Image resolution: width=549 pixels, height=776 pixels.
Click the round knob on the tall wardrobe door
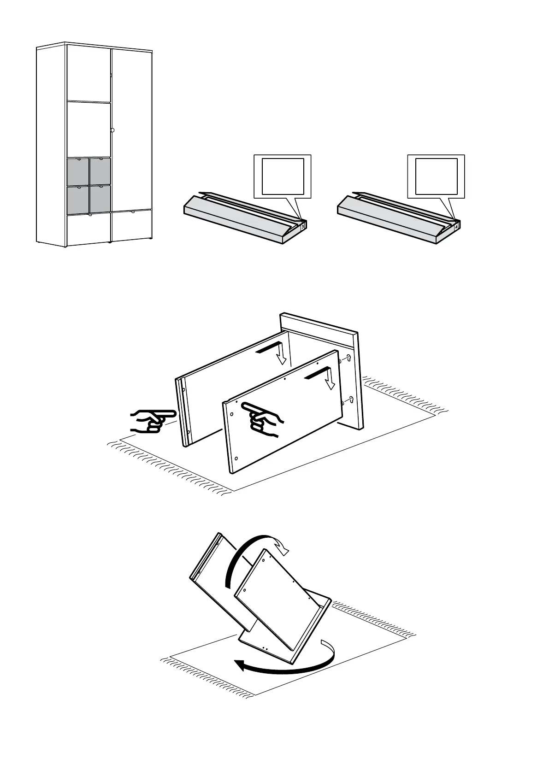tap(112, 130)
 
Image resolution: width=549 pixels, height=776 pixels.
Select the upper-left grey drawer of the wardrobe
tap(78, 171)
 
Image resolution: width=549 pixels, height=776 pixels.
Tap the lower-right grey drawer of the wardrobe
tap(100, 199)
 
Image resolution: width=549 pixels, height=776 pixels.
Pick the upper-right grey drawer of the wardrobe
tap(100, 171)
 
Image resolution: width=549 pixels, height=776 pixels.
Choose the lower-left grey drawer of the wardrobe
tap(78, 199)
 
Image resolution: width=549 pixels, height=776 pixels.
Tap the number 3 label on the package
tap(302, 226)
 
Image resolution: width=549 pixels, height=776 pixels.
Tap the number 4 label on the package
tap(456, 226)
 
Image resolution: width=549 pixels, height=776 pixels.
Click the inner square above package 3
tap(283, 176)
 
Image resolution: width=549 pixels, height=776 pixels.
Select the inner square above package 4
tap(437, 176)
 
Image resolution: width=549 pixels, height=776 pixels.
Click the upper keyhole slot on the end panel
tap(348, 358)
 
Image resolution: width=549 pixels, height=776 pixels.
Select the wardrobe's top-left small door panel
tap(89, 73)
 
